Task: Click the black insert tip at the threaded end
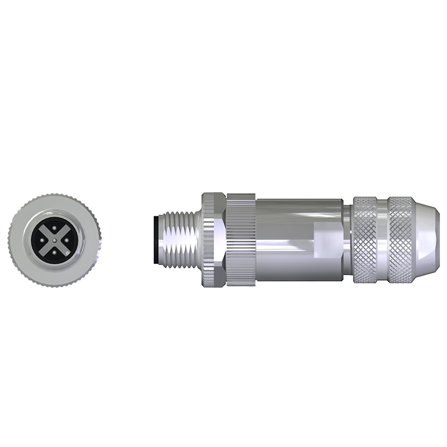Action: click(155, 239)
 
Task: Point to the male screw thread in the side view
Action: click(179, 239)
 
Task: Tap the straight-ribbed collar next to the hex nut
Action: click(240, 239)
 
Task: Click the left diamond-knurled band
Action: click(367, 239)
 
